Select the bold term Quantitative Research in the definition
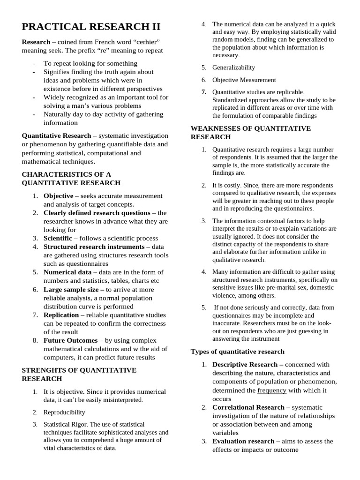(57, 135)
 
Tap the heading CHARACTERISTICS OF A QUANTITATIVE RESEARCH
(71, 179)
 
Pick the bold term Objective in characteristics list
(58, 195)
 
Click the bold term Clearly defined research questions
(97, 212)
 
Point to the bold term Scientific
(58, 238)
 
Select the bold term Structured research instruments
(94, 247)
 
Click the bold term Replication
(62, 315)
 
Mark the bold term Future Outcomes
(70, 340)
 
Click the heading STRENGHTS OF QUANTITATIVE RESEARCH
(79, 374)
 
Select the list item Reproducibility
(64, 412)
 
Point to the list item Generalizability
(233, 67)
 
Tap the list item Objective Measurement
(244, 80)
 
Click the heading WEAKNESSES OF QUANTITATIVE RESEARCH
(250, 133)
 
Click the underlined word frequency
(271, 390)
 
